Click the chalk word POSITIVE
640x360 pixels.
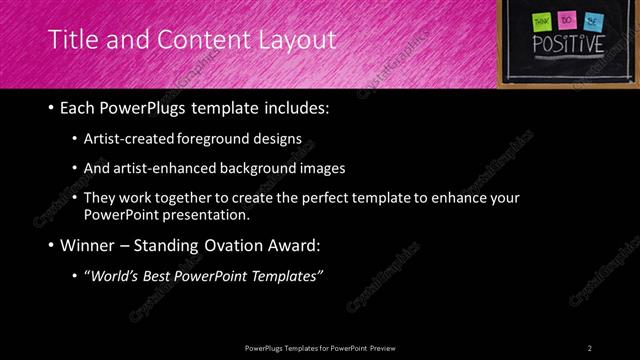567,45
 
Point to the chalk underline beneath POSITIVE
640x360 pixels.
567,59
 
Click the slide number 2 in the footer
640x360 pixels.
590,347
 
